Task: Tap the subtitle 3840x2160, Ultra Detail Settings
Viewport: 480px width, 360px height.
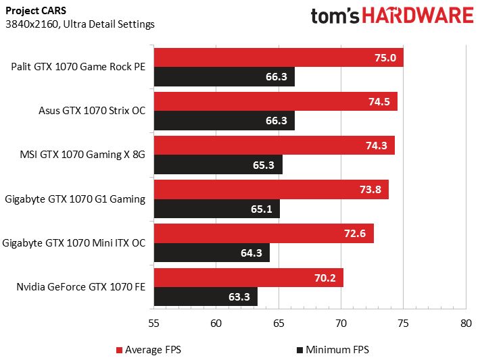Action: (80, 24)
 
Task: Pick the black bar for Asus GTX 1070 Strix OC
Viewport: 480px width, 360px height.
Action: (224, 120)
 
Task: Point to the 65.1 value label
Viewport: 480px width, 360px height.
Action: (261, 209)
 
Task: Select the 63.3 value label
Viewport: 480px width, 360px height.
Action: (241, 297)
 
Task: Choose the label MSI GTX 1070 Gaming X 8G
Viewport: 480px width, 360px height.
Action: (82, 155)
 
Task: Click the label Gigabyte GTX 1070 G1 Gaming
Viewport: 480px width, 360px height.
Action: (75, 199)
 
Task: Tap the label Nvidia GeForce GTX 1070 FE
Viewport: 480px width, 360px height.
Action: (81, 286)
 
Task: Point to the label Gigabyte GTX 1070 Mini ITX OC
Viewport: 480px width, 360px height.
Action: (74, 242)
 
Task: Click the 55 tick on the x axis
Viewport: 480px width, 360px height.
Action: (154, 323)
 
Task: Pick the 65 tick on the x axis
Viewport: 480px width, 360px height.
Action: (279, 323)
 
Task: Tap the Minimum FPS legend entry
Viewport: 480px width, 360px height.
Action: (333, 350)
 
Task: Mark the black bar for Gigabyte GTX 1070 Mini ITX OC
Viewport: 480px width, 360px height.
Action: (212, 253)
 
